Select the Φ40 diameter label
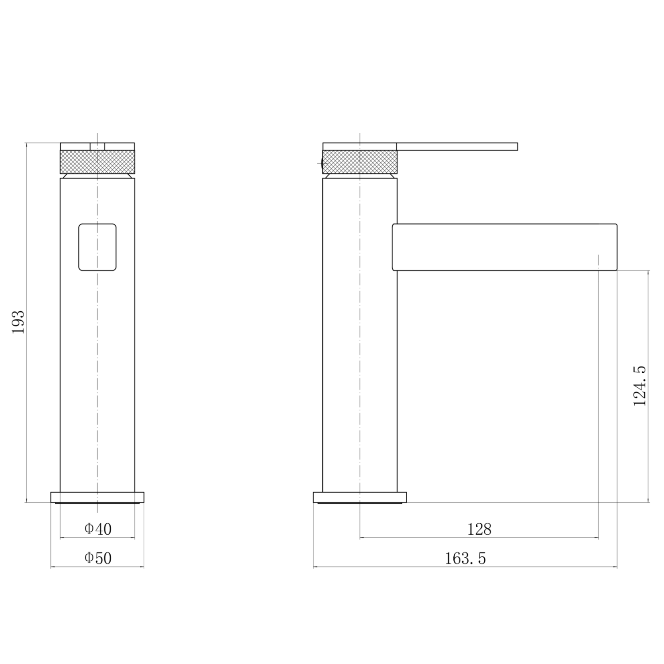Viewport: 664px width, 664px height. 98,529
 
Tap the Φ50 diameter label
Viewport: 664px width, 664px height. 98,558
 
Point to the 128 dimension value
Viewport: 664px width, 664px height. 479,529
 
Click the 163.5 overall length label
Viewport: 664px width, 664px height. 465,559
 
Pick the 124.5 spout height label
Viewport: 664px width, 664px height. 640,386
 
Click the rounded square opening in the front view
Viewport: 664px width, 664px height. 97,247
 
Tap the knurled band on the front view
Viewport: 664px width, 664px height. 97,162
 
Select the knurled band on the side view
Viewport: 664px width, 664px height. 359,162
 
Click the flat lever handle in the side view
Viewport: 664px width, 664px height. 457,147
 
